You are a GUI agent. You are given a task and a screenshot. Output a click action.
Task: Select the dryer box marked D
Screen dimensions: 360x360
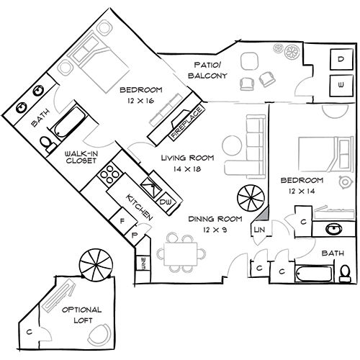tap(340, 60)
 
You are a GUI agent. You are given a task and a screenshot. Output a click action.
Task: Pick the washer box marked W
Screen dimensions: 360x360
tap(340, 85)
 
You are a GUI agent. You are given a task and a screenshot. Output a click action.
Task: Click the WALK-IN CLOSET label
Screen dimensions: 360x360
tap(81, 158)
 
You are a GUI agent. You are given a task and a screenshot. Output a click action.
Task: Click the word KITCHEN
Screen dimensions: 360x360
tap(140, 206)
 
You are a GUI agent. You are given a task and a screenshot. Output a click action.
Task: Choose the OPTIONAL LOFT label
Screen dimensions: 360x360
tap(81, 314)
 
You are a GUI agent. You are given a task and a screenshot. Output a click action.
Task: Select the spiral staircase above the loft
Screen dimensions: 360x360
tap(94, 264)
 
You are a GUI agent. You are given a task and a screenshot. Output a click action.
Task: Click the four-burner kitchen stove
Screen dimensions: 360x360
tap(112, 175)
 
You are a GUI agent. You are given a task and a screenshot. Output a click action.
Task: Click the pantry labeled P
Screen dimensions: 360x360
tap(135, 235)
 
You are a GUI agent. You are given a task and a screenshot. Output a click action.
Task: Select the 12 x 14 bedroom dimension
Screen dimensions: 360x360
tap(301, 191)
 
